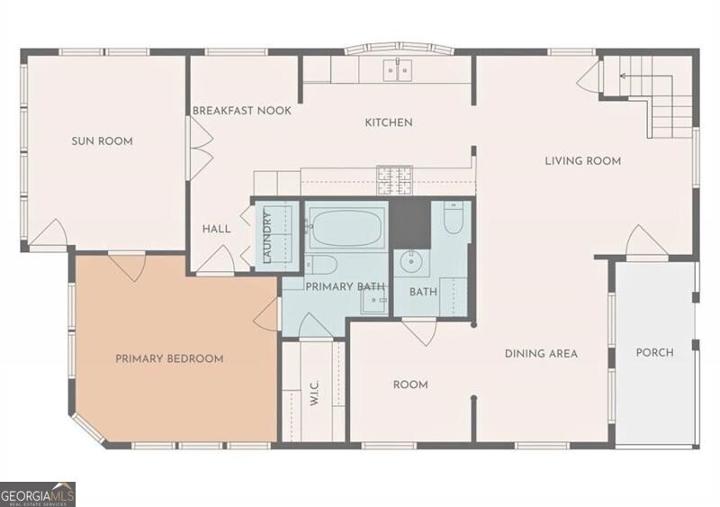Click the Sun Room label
[x=102, y=141]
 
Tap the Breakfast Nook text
[x=242, y=111]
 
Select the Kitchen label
[x=389, y=122]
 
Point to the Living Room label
[x=582, y=161]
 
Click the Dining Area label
[x=541, y=354]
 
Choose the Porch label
[x=655, y=352]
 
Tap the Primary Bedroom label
[x=169, y=358]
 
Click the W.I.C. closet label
[x=314, y=393]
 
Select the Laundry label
[x=267, y=237]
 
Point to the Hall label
[x=216, y=229]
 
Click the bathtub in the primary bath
[x=346, y=226]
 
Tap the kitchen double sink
[x=398, y=70]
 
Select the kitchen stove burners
[x=394, y=180]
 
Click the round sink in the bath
[x=409, y=262]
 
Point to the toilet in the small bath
[x=453, y=218]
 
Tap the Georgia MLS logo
[x=38, y=494]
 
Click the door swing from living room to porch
[x=646, y=240]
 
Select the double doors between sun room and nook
[x=201, y=148]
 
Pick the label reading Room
[x=410, y=385]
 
